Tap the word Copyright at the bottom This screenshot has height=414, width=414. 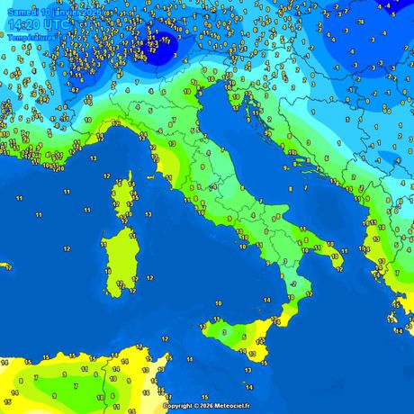[179, 406]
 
